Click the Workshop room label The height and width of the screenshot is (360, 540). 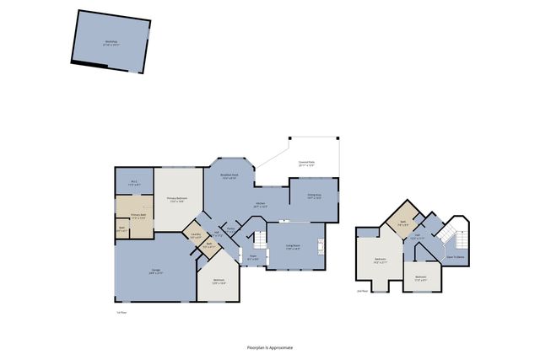(x=111, y=42)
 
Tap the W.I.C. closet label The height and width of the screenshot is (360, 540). (x=133, y=183)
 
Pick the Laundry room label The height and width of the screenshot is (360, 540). (x=196, y=236)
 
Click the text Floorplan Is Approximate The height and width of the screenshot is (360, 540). (x=270, y=347)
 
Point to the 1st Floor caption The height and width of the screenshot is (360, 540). (x=121, y=312)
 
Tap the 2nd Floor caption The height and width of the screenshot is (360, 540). (x=362, y=292)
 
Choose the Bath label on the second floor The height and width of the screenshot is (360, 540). (x=404, y=223)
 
